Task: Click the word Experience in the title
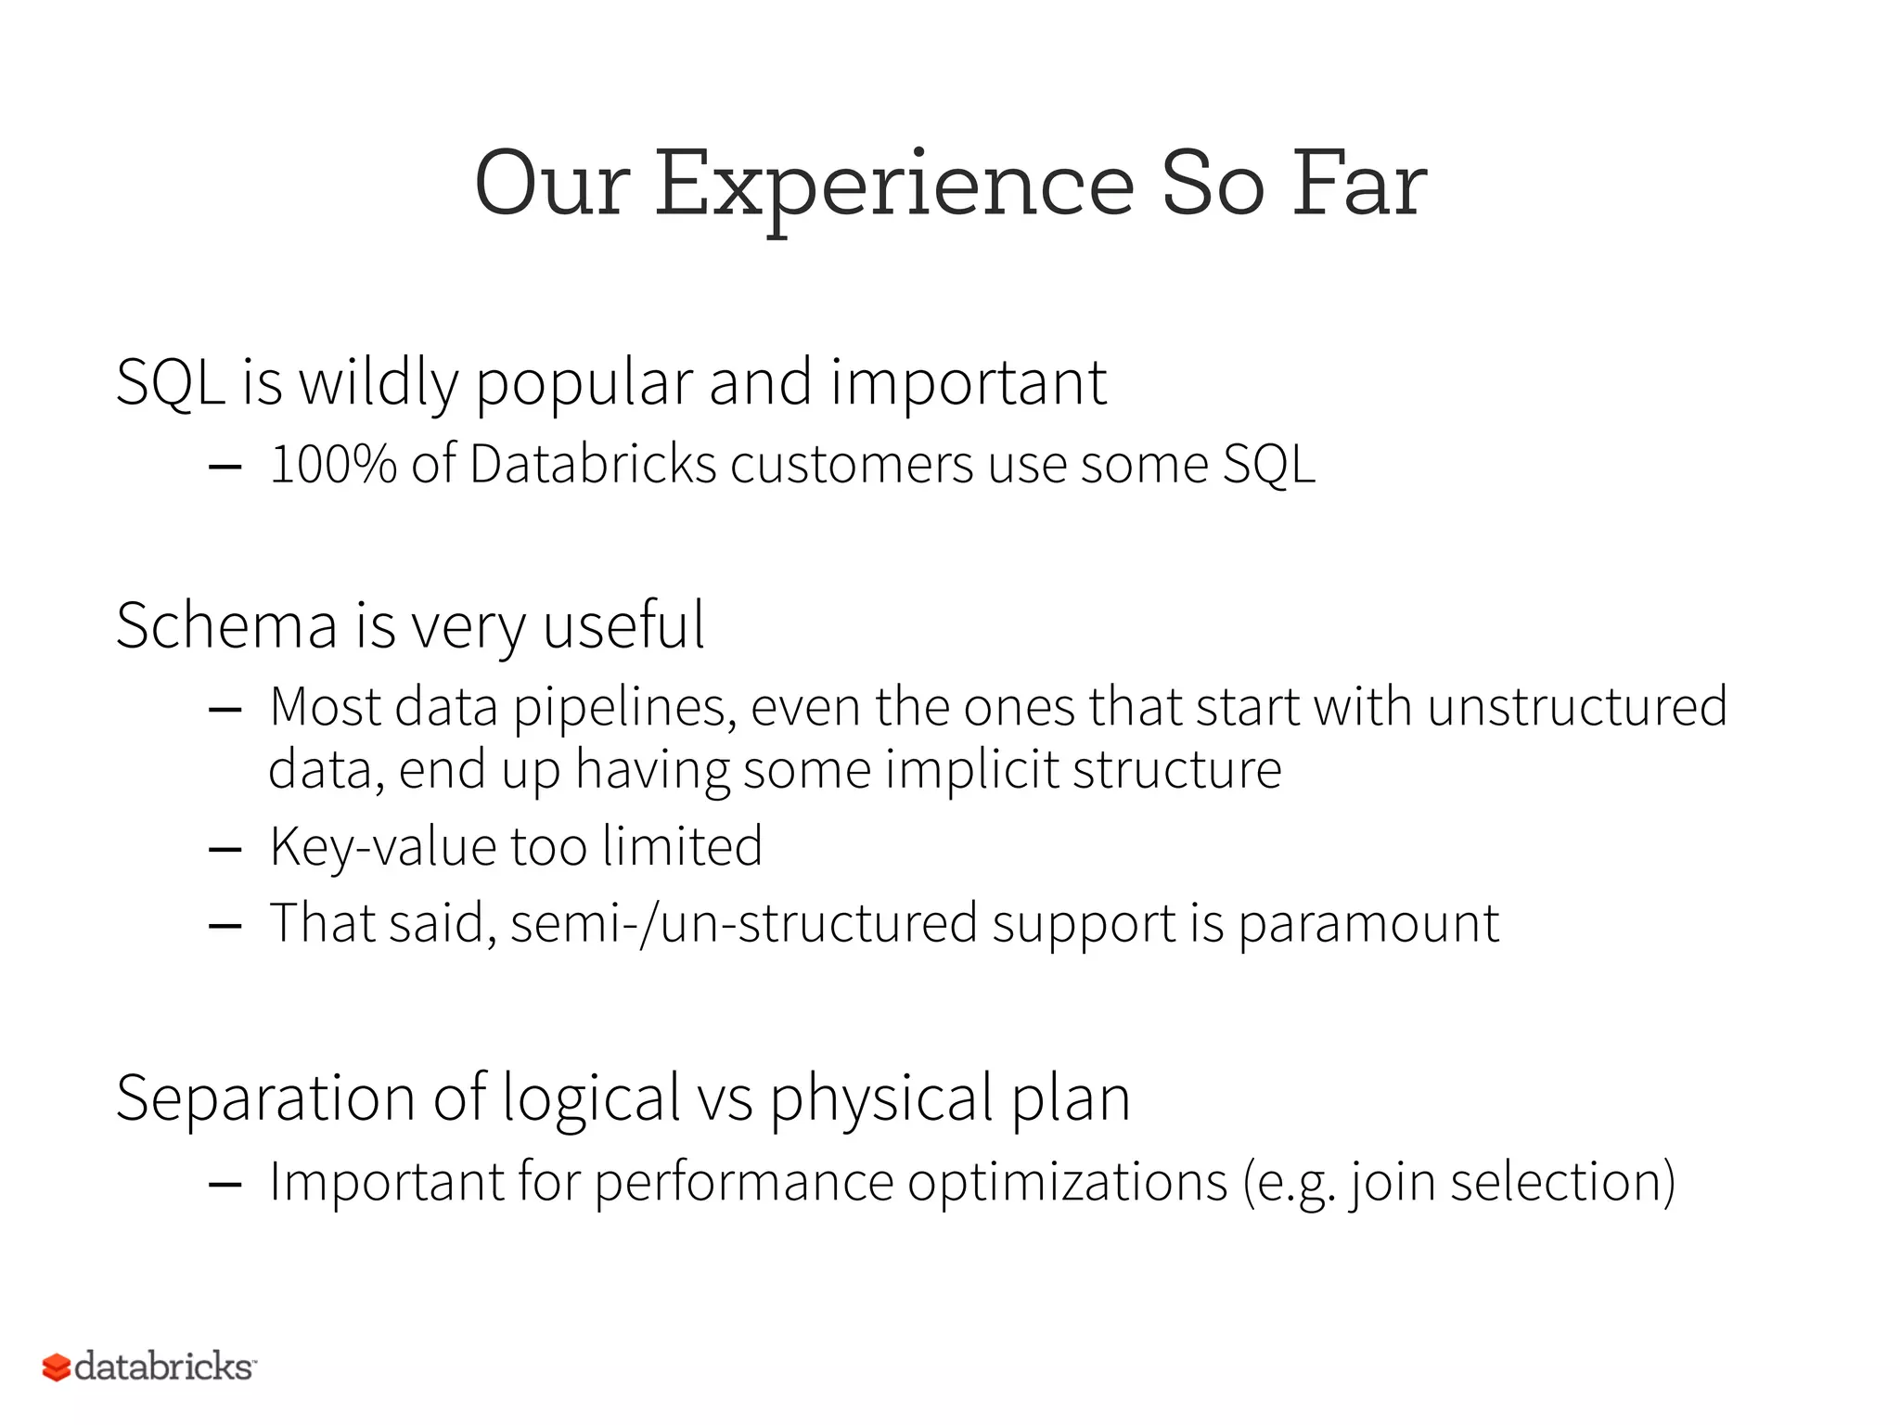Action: point(894,186)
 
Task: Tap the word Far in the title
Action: point(1359,186)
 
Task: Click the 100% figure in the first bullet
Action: point(333,464)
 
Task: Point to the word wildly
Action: point(379,383)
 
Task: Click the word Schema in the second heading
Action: point(226,625)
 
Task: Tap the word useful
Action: point(623,625)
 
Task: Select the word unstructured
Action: point(1577,707)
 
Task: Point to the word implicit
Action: point(971,769)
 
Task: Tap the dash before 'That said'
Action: point(225,926)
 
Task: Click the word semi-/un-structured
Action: point(743,924)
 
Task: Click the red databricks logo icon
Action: point(57,1367)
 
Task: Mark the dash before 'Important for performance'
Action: point(225,1185)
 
